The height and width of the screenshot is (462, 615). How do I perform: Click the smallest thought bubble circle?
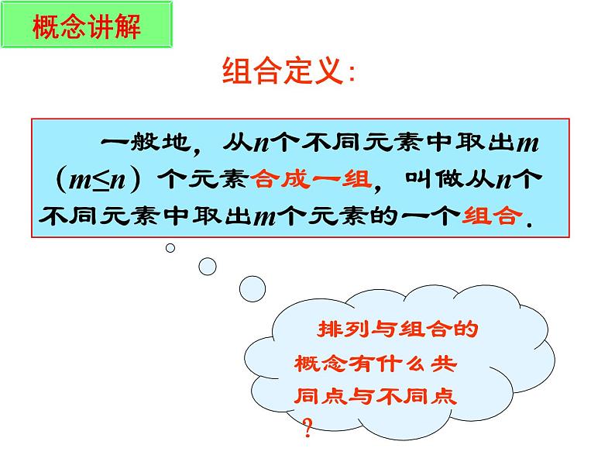coord(170,248)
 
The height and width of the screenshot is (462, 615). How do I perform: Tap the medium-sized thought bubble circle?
coord(208,266)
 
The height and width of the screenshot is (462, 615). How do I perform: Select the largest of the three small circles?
coord(253,288)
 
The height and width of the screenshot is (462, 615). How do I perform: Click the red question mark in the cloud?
coord(307,427)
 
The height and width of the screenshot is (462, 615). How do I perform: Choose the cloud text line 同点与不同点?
coord(376,396)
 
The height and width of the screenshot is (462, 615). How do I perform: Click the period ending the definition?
coord(530,222)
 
